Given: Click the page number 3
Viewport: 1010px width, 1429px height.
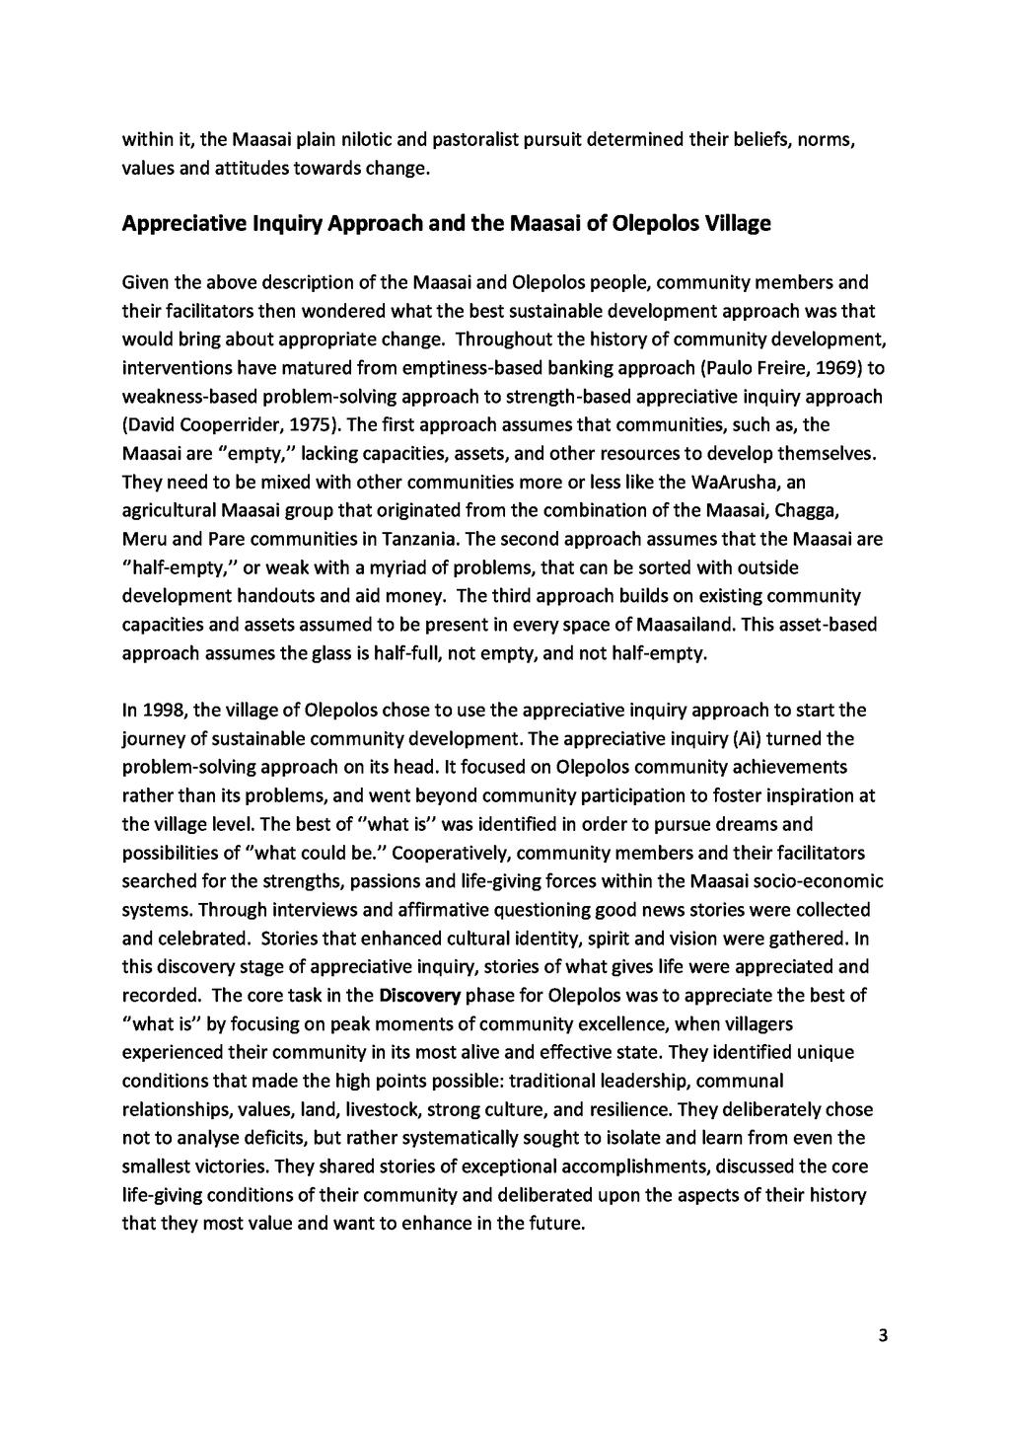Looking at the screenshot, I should coord(883,1337).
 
